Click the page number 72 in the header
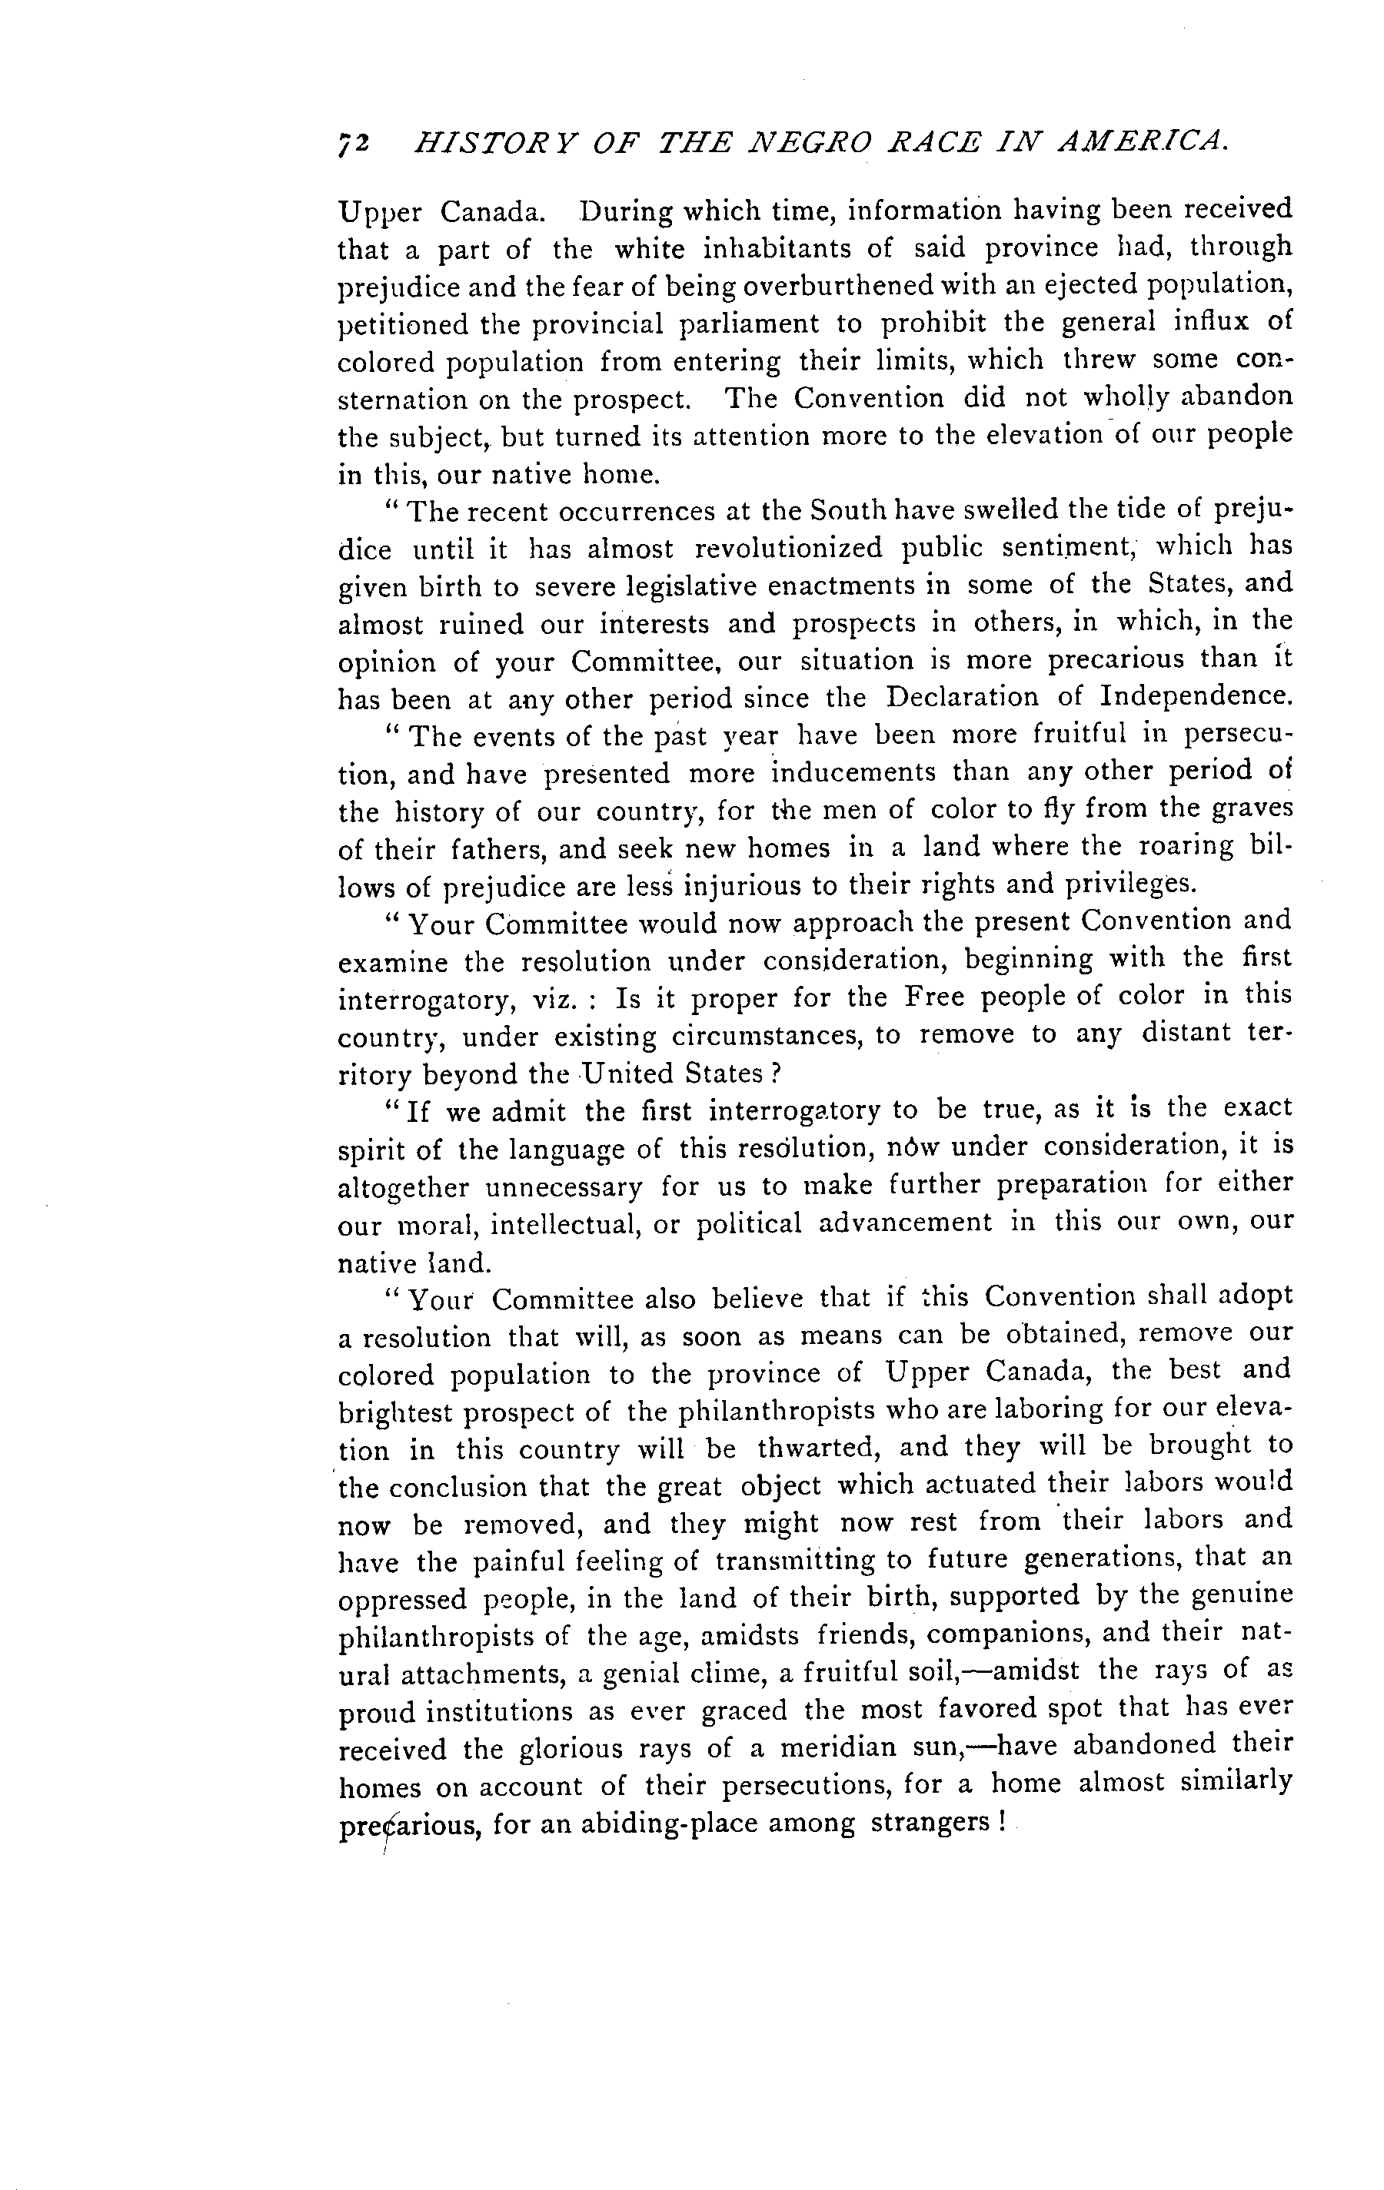(353, 144)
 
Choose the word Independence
(1195, 697)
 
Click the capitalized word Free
(936, 997)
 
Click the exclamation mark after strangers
(1000, 1823)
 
